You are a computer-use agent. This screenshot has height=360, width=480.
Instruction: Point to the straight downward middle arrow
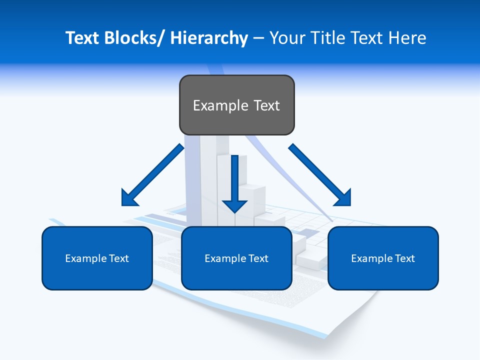tap(235, 182)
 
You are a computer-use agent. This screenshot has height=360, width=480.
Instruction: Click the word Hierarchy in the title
tap(209, 38)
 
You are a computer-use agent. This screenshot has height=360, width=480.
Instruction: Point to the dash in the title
tap(258, 38)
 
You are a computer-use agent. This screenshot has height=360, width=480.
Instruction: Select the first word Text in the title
tap(83, 38)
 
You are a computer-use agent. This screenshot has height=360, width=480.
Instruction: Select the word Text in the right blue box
tap(404, 258)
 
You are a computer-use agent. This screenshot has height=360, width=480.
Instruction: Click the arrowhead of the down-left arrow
tap(129, 198)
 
